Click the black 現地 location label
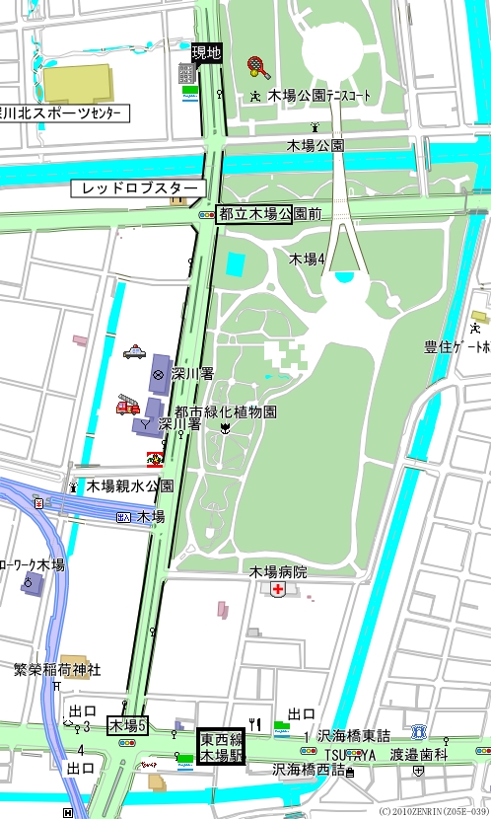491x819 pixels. click(206, 52)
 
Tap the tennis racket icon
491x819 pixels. click(258, 67)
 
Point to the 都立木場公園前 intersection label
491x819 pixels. click(254, 213)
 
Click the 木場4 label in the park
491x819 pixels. click(307, 259)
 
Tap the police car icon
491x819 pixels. click(133, 351)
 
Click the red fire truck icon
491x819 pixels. click(128, 405)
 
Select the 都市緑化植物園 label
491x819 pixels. click(225, 411)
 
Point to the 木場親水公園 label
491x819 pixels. click(129, 485)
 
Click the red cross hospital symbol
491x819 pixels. click(279, 589)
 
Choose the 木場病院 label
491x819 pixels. click(277, 571)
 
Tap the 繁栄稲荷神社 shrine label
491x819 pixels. click(57, 669)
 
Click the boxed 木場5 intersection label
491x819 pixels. click(127, 725)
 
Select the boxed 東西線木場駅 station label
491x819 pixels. click(222, 747)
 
